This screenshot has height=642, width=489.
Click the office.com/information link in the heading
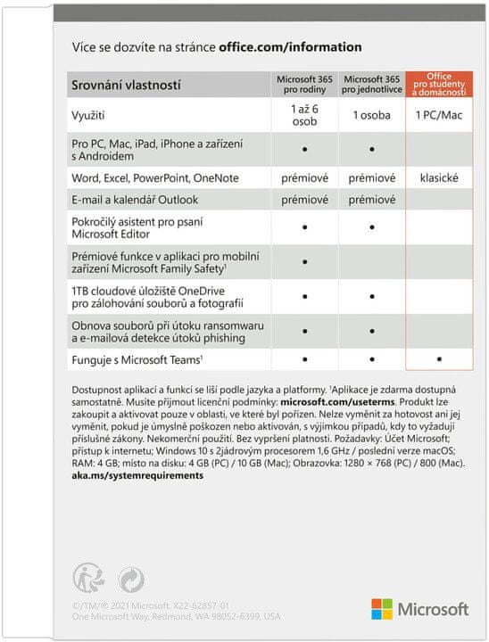[x=290, y=46]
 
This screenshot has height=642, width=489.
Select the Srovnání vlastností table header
[x=126, y=85]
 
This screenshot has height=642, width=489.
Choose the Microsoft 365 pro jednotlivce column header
[x=371, y=85]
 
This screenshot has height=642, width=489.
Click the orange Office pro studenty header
[x=439, y=85]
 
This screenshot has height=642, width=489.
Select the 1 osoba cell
[x=371, y=115]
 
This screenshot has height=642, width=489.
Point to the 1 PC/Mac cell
[x=439, y=115]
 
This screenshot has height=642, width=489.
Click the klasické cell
[x=439, y=177]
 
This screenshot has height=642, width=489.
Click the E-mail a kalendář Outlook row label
[x=135, y=199]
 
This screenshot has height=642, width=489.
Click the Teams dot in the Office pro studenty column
[x=439, y=360]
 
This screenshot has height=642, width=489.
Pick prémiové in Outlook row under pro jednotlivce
[x=371, y=199]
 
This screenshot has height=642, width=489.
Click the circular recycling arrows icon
[x=130, y=580]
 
